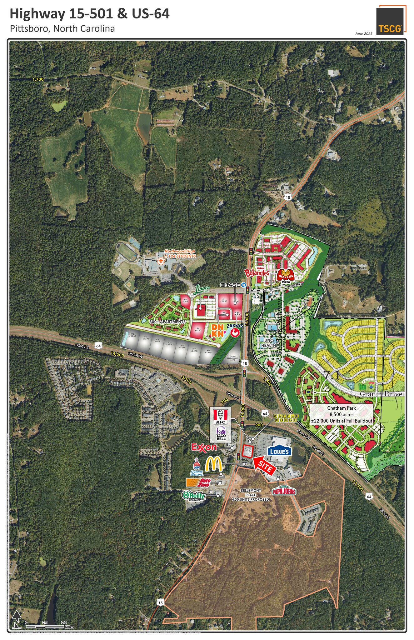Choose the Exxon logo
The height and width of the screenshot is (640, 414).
[204, 447]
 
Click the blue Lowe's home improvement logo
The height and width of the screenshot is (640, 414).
[279, 452]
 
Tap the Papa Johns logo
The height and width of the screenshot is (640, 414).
[284, 491]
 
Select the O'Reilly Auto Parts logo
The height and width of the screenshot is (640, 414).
[194, 496]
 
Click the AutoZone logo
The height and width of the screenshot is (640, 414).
[199, 482]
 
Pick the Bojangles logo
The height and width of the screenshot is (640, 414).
[257, 273]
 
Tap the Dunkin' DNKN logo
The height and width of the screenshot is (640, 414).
[218, 330]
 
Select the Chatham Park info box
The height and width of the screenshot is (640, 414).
[342, 414]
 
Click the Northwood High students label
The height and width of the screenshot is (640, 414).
[180, 254]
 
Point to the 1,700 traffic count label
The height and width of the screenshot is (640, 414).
[38, 79]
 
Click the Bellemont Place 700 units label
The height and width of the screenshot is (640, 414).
[250, 495]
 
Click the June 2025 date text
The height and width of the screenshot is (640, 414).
[364, 34]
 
